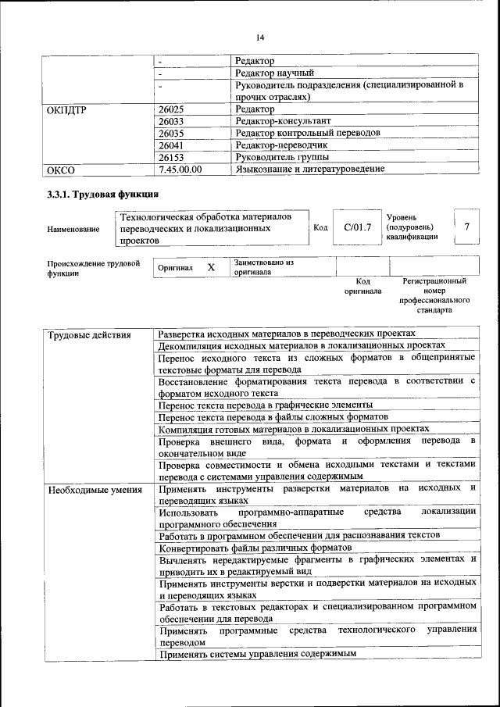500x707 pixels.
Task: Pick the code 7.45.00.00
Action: pos(180,168)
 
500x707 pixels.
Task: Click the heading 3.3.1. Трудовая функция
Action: pos(103,194)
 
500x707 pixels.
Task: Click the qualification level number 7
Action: pos(466,227)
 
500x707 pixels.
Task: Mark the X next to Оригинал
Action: pos(211,267)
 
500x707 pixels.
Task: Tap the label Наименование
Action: pos(73,229)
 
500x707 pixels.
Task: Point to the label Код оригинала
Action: pos(362,285)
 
